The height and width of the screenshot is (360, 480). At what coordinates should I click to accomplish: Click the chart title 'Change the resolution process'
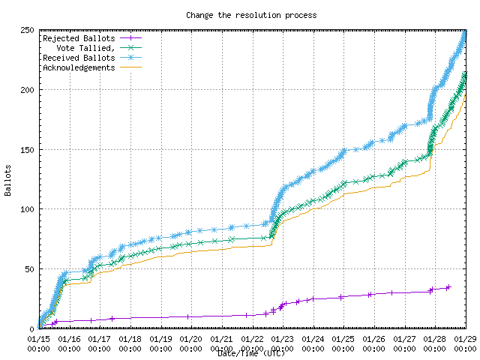[x=251, y=15]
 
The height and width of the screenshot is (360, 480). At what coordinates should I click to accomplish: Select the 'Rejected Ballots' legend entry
[x=79, y=38]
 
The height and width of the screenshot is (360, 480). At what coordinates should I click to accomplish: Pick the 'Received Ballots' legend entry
[x=79, y=58]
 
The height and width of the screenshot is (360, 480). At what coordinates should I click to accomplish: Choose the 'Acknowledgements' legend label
[x=79, y=67]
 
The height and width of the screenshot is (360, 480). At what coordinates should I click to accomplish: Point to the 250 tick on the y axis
[x=25, y=31]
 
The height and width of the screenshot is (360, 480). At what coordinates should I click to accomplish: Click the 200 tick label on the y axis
[x=25, y=90]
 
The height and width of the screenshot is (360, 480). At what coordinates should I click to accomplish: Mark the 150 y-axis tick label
[x=25, y=150]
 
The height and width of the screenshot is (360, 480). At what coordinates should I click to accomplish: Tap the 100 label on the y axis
[x=25, y=209]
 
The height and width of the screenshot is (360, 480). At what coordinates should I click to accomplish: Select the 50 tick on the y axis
[x=28, y=269]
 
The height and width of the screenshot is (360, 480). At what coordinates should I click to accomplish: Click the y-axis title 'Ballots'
[x=8, y=180]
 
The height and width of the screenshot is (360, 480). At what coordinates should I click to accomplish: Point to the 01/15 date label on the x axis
[x=39, y=339]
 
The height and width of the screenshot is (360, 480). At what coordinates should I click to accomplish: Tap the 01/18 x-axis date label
[x=130, y=339]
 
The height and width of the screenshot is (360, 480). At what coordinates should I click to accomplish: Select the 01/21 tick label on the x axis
[x=222, y=339]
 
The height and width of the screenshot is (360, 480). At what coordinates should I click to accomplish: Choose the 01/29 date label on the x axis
[x=466, y=339]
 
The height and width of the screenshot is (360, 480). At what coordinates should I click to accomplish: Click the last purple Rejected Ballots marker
[x=448, y=287]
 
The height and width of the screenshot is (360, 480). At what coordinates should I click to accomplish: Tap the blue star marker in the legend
[x=130, y=58]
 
